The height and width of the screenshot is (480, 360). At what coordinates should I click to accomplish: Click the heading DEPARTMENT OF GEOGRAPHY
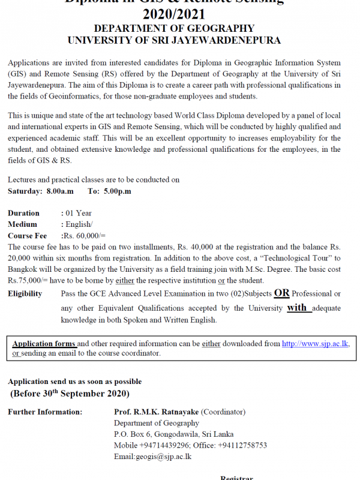point(174,28)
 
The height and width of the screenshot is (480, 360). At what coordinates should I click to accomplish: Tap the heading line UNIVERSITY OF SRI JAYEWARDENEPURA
point(174,40)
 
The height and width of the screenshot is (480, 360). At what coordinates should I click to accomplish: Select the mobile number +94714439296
point(163,445)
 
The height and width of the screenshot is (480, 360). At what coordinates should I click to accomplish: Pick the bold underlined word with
point(298,307)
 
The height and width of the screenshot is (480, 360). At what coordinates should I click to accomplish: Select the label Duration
point(23,213)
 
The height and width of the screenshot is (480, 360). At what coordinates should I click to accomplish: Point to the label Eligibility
point(25,294)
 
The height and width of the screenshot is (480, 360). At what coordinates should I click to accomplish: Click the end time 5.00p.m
point(117,191)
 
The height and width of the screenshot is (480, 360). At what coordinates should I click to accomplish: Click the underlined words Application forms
point(44,344)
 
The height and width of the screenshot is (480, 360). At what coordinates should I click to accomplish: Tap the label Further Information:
point(44,412)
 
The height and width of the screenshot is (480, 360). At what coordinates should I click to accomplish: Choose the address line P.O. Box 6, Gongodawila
point(157,434)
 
